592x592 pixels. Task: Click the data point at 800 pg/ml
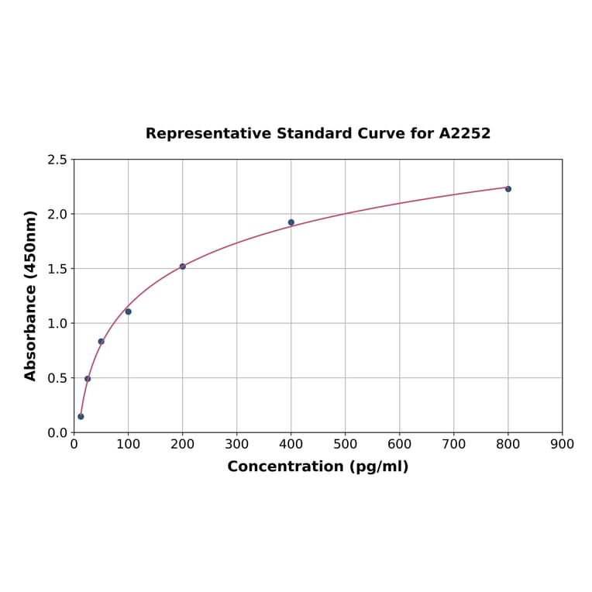point(508,189)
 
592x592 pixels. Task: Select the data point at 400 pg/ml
point(291,222)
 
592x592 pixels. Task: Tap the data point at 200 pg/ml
point(183,267)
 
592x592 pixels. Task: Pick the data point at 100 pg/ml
point(129,311)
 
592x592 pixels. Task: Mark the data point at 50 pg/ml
point(101,342)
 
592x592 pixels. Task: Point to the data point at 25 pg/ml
point(88,379)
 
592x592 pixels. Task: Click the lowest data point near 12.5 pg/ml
point(81,417)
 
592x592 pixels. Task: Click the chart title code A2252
point(464,133)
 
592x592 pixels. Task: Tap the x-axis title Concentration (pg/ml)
point(318,466)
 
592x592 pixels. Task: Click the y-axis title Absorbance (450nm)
point(31,295)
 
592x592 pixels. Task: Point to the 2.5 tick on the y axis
point(57,160)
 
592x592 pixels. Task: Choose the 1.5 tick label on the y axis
point(57,269)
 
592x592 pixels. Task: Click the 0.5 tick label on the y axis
point(57,378)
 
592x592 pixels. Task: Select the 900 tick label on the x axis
point(563,444)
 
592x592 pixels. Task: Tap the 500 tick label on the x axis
point(346,444)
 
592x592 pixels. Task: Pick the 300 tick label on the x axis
point(237,444)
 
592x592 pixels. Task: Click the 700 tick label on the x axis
point(454,444)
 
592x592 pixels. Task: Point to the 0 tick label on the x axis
point(74,444)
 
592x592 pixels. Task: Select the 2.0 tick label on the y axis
point(57,214)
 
